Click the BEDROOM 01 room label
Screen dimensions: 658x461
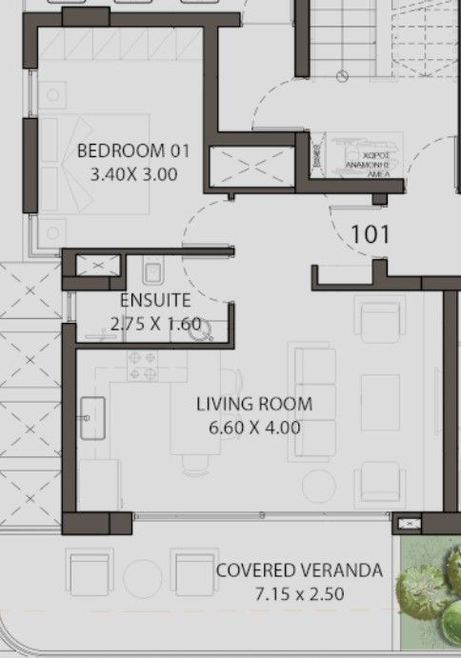click(133, 150)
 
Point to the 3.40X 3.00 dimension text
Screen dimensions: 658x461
click(133, 174)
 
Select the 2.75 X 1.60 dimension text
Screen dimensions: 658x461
click(155, 324)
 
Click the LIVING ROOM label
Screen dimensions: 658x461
click(254, 404)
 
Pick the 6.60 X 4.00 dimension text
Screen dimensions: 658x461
click(254, 428)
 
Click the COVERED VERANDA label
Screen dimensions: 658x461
click(299, 571)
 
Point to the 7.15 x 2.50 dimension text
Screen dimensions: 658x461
click(299, 594)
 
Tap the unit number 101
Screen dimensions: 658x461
click(370, 233)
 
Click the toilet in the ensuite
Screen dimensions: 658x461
click(152, 274)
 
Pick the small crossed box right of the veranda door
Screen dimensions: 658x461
click(408, 523)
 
